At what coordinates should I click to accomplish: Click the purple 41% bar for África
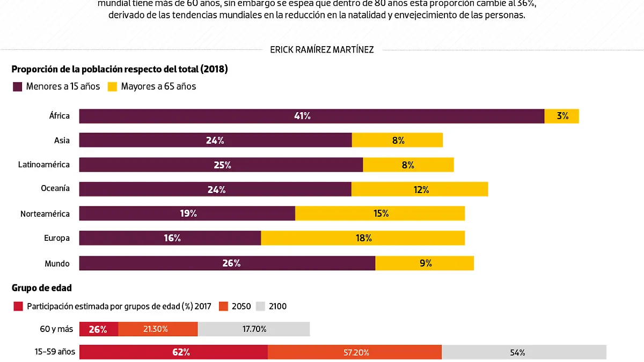(311, 116)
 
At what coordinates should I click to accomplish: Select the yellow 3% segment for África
(561, 116)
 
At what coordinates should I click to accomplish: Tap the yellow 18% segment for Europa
(363, 238)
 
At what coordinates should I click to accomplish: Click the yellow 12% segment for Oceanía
(420, 189)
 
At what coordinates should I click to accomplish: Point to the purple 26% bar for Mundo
(227, 263)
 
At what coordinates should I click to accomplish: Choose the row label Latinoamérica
(44, 165)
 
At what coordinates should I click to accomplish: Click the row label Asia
(62, 140)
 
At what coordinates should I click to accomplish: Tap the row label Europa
(57, 238)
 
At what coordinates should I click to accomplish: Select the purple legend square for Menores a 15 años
(18, 86)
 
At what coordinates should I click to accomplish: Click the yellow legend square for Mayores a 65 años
(113, 86)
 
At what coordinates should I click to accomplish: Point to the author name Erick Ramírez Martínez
(322, 50)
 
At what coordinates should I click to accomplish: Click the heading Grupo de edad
(42, 288)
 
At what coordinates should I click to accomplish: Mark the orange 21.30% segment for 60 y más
(158, 329)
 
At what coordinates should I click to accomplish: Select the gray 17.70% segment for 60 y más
(253, 329)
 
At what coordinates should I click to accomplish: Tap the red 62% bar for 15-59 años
(173, 352)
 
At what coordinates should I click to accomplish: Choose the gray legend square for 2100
(260, 306)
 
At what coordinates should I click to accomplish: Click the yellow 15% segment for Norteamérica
(380, 213)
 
